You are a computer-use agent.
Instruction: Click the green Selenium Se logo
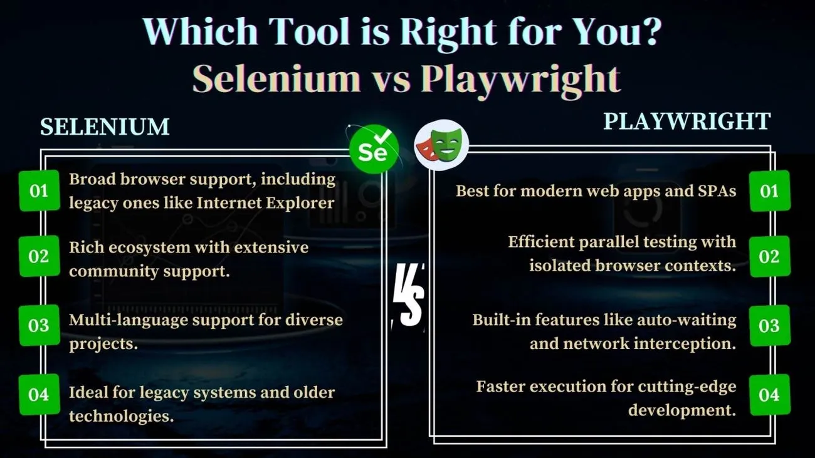374,149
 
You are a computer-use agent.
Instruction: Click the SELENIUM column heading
105,127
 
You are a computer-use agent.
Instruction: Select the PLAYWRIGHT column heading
687,121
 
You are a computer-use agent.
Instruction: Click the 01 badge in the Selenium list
39,190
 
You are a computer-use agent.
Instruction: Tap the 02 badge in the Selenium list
39,256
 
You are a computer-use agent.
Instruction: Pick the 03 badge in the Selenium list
39,325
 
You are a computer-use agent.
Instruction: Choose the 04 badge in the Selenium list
39,394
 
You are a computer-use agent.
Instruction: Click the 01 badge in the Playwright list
769,191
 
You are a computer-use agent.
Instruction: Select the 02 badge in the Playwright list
769,256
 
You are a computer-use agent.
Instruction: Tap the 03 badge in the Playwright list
769,325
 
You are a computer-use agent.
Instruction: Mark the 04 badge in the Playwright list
769,395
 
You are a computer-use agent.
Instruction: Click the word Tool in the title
309,31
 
